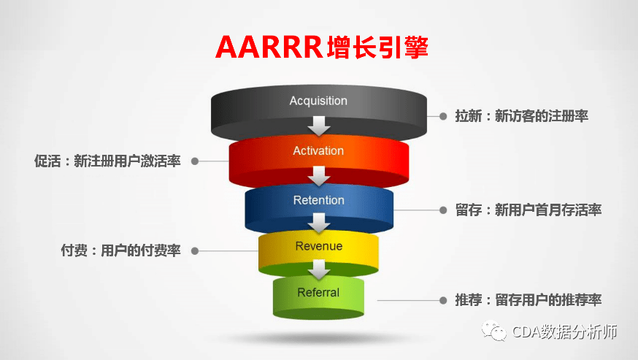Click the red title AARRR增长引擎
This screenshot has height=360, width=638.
click(322, 47)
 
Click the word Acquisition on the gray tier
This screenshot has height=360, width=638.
click(318, 101)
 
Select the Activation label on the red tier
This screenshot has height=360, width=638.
click(318, 150)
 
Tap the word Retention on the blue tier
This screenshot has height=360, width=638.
click(318, 200)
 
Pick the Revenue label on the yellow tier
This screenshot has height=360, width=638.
click(318, 246)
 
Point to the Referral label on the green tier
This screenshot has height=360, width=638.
click(318, 292)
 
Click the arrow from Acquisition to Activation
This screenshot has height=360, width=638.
click(318, 126)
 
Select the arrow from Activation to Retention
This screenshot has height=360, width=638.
click(318, 176)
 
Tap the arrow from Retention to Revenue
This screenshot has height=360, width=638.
click(318, 223)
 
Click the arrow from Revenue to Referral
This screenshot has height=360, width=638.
click(318, 269)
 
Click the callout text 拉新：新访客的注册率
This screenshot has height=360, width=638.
click(522, 116)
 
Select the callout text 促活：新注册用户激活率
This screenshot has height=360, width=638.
click(107, 161)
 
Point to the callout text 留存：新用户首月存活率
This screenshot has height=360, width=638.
click(529, 210)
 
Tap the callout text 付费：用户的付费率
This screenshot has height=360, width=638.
click(121, 250)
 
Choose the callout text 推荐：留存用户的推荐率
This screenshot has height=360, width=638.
click(529, 300)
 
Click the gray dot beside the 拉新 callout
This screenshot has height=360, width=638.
click(443, 117)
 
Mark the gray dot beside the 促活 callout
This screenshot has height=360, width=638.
click(195, 161)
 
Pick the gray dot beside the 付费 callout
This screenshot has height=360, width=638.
click(195, 251)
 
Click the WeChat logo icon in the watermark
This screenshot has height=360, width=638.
click(494, 330)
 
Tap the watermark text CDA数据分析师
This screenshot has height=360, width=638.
click(564, 332)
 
